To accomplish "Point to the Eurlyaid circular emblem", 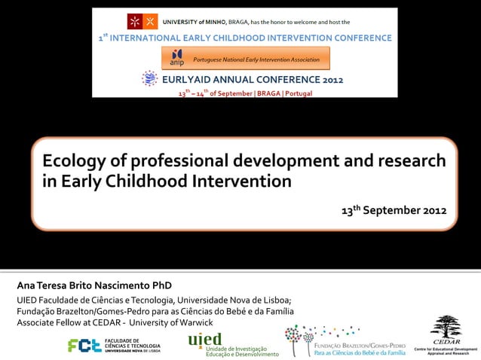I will click(150, 78).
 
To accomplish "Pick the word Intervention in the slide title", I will click(241, 182).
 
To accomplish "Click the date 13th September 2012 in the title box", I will click(394, 209).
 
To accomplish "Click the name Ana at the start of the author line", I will click(17, 286).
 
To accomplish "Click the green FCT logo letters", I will click(84, 345).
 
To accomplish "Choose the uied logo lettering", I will click(205, 339).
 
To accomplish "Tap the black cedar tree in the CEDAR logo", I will click(446, 328).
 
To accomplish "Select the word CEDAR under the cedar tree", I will click(446, 343).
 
